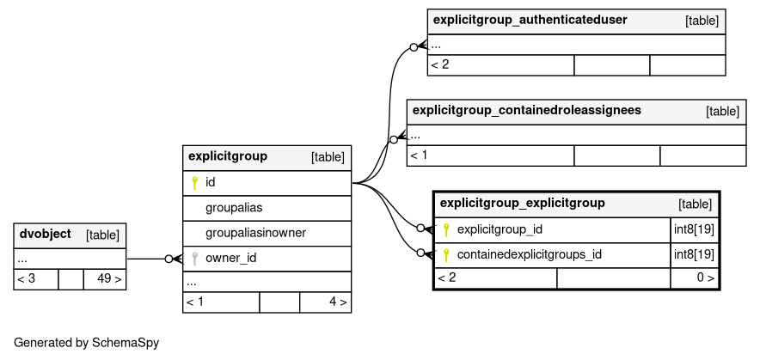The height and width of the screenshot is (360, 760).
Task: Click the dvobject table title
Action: [45, 234]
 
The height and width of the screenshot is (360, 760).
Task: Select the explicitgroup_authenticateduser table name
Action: [530, 20]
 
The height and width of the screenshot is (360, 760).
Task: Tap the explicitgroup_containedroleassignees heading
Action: [527, 111]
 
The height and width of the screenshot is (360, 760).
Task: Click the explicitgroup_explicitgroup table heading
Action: [523, 203]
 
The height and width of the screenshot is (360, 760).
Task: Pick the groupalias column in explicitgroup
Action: [234, 208]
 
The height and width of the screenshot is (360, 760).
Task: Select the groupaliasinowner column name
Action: [256, 233]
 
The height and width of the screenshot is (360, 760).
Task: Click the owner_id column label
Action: [230, 259]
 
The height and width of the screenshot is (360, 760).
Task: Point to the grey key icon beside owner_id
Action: [195, 259]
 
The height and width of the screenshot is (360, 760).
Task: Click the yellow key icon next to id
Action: [195, 183]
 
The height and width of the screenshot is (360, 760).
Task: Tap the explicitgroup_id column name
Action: [500, 229]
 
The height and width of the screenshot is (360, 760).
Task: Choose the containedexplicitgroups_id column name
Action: [530, 254]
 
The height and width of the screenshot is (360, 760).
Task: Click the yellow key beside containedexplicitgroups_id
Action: [446, 255]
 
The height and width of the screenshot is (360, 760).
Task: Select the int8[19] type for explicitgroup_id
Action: [694, 229]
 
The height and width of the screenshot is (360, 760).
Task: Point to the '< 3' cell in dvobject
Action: [26, 279]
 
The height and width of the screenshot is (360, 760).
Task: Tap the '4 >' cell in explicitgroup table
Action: [338, 302]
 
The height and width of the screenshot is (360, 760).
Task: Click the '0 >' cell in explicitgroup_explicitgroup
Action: [705, 278]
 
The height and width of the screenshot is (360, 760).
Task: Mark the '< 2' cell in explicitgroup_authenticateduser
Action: [440, 64]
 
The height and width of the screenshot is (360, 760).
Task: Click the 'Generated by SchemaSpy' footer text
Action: [86, 343]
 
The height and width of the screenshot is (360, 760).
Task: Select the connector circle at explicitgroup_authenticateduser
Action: [414, 47]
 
